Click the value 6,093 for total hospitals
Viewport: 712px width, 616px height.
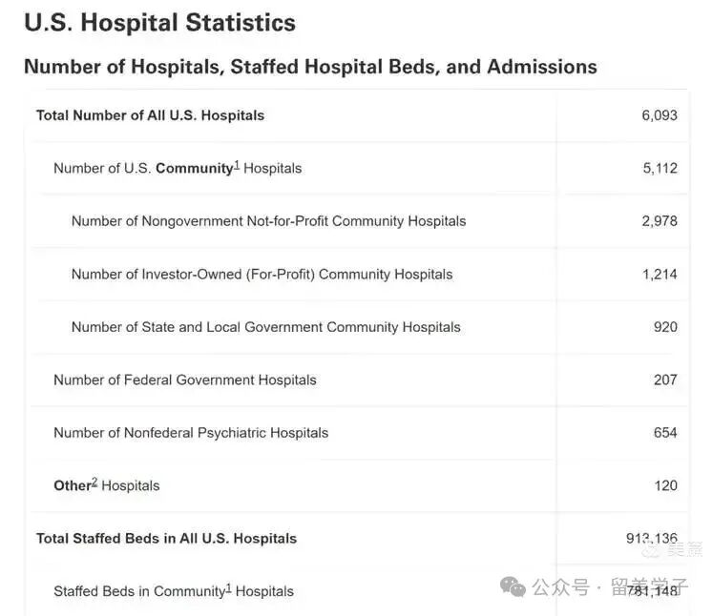tap(659, 115)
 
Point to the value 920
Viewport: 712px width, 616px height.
tap(665, 327)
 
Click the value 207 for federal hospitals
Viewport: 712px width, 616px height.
tap(665, 380)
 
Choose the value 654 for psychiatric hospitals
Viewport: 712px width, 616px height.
tap(665, 433)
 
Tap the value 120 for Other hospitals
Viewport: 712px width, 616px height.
tap(665, 485)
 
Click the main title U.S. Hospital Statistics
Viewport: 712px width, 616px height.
tap(159, 23)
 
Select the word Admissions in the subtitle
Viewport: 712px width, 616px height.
tap(541, 67)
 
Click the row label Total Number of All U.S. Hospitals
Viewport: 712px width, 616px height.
tap(150, 115)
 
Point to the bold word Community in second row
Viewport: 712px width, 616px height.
tap(194, 169)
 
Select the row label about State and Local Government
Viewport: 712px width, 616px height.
tap(265, 327)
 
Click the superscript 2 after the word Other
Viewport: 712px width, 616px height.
tap(94, 483)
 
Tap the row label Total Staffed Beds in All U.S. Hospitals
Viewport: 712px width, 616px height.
tap(166, 539)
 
